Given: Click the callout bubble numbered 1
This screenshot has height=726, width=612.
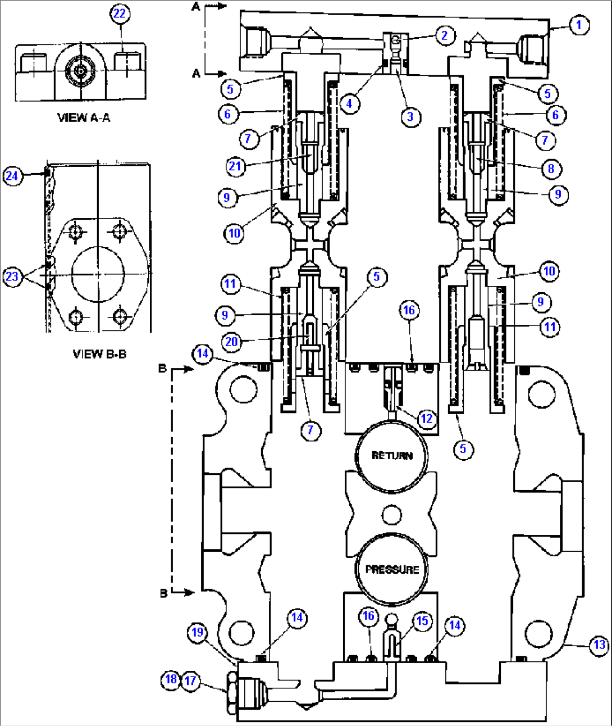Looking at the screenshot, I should [579, 25].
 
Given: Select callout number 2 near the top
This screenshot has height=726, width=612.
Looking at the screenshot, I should [445, 36].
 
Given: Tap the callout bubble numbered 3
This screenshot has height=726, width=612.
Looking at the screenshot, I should [410, 117].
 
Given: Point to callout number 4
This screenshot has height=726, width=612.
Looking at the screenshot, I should [349, 103].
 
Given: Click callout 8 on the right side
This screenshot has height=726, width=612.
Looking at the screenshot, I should [551, 169].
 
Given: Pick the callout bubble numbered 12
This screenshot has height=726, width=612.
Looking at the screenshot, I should [427, 419].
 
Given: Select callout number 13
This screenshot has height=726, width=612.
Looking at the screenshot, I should [600, 645].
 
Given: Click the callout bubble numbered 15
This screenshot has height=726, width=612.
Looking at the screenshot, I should [422, 621].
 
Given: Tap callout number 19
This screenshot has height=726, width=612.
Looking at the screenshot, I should [197, 633].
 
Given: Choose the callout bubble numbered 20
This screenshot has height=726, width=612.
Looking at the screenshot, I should [231, 342].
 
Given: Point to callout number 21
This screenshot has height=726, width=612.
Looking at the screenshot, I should [235, 166].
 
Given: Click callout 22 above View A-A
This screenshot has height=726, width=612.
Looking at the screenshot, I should [120, 13].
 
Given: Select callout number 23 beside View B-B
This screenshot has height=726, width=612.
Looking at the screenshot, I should [12, 276].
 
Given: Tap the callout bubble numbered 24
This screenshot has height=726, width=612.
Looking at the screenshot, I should [12, 176].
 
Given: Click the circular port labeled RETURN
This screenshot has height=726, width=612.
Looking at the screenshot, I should [391, 455].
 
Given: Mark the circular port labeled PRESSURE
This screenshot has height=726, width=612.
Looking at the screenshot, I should [391, 569].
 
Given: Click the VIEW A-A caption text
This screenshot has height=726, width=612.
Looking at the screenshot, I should [84, 117].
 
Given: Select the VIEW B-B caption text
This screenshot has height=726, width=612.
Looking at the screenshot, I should [99, 354].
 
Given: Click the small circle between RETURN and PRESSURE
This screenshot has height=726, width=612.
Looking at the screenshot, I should [391, 514].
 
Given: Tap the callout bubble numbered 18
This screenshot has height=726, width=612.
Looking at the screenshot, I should [171, 679].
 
